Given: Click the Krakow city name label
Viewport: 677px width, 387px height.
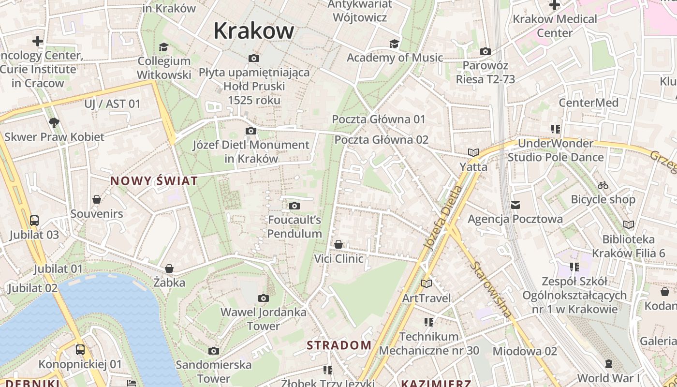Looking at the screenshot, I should [253, 31].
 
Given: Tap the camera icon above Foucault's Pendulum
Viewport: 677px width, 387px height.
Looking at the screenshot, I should [294, 206].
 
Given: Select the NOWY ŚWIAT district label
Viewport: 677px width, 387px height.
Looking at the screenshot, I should [154, 181].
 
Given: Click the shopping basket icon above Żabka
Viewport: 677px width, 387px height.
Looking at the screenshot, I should [169, 268].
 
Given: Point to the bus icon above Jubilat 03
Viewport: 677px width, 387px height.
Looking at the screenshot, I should [34, 221].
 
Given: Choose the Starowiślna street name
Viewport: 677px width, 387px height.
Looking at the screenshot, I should [490, 289].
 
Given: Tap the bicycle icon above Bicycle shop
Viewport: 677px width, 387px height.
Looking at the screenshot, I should [603, 185].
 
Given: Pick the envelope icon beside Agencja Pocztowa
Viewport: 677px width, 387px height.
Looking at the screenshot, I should [515, 205].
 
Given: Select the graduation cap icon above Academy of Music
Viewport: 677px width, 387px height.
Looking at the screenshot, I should [395, 44].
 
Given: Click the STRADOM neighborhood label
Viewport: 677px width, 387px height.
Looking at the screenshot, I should [339, 345].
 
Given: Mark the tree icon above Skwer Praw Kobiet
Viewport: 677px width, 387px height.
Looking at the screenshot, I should [54, 123].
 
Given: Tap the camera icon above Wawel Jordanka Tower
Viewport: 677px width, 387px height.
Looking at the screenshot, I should [264, 298].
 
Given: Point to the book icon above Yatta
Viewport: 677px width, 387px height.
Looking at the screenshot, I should [473, 153].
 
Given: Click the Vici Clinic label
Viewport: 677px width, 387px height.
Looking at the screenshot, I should [339, 259].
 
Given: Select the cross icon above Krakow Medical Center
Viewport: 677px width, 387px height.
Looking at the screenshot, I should [555, 5].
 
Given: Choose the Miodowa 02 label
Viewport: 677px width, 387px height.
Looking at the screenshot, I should [525, 351].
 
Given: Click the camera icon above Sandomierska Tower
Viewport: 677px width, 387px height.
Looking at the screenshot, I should [214, 351].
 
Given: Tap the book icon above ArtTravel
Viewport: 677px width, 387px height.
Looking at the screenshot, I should [426, 283].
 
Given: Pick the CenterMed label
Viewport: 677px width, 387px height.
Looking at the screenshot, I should [589, 103].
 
